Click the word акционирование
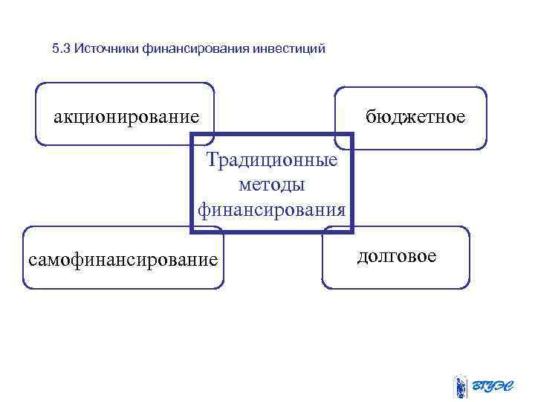[126, 118]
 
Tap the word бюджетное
[415, 116]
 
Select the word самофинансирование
[123, 259]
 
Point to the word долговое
[397, 256]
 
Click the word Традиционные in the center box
[272, 160]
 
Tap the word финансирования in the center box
[272, 209]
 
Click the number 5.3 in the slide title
[61, 50]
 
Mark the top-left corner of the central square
[192, 135]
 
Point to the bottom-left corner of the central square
[192, 232]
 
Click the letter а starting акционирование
[57, 118]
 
